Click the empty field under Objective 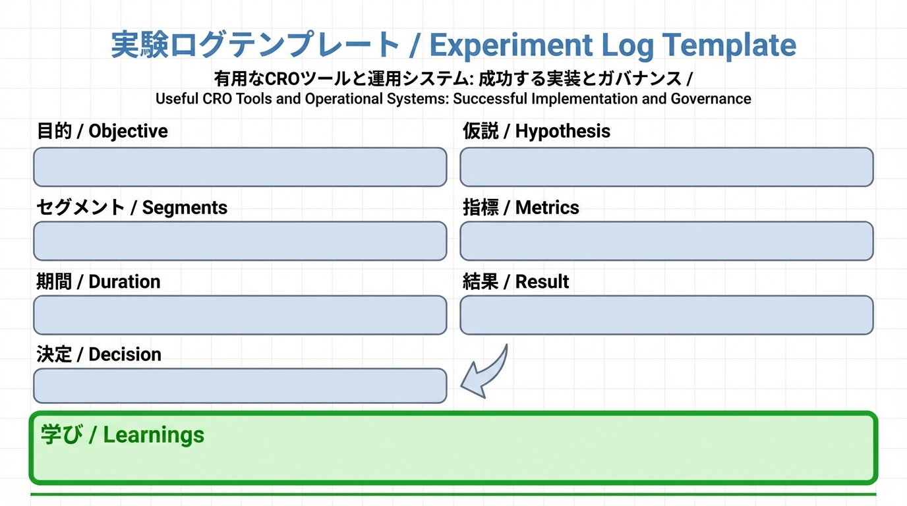click(x=240, y=167)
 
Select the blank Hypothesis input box click(x=666, y=167)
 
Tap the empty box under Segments click(x=240, y=241)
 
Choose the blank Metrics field click(x=666, y=241)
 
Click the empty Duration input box click(x=240, y=315)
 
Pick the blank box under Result click(x=666, y=315)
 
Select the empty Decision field click(x=240, y=385)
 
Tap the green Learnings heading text click(x=123, y=435)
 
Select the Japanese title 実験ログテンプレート click(x=254, y=45)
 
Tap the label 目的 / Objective click(x=102, y=131)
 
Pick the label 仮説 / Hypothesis click(x=536, y=131)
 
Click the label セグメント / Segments click(x=132, y=208)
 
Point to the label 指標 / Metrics click(x=521, y=208)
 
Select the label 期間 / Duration click(x=98, y=281)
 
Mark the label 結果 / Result click(x=515, y=281)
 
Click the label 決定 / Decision click(x=99, y=354)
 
